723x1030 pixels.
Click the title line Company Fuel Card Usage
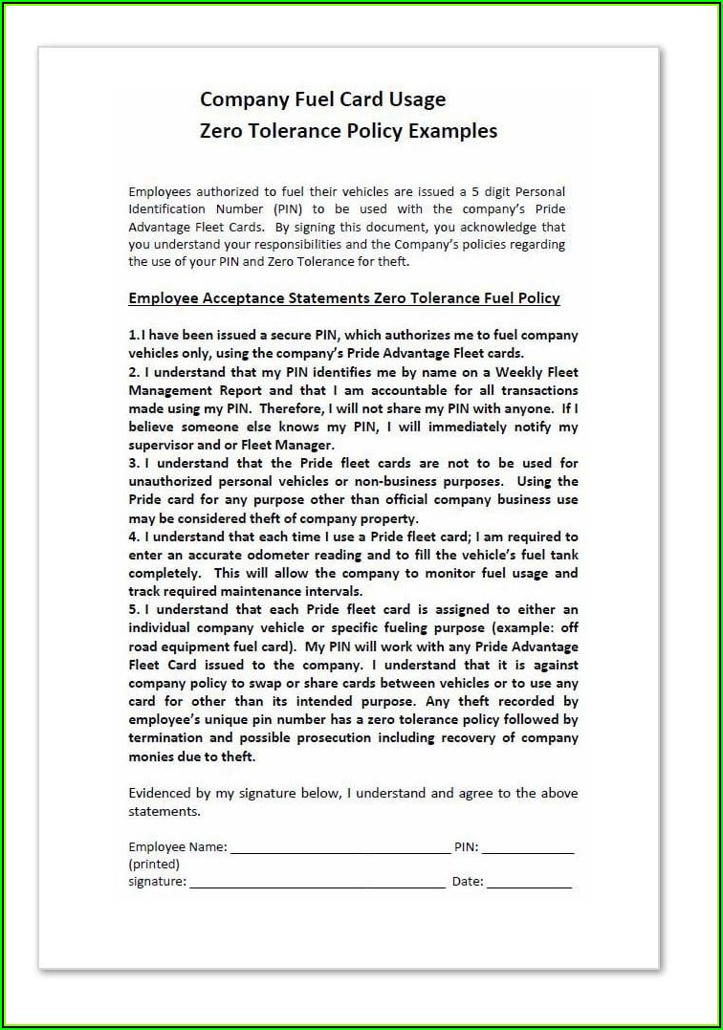click(322, 99)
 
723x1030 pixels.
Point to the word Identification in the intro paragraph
click(167, 209)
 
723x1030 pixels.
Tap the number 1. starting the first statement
click(133, 336)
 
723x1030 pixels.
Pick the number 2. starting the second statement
click(133, 372)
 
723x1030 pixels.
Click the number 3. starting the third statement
click(133, 464)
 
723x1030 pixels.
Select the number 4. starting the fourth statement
click(133, 537)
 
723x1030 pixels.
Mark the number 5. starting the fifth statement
click(133, 610)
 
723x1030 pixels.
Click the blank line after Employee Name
click(340, 848)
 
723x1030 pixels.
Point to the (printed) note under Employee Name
click(154, 865)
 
